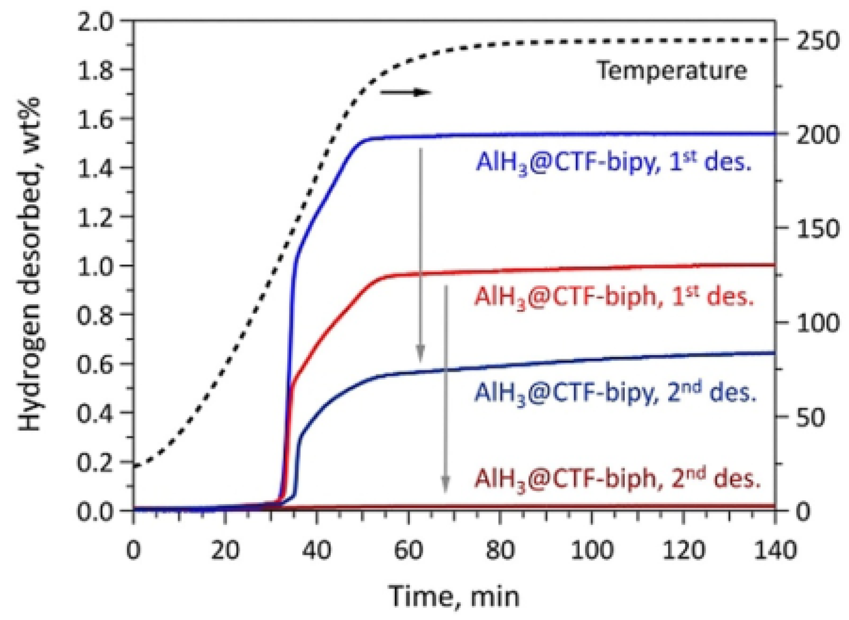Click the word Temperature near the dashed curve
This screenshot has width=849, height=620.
coord(672,71)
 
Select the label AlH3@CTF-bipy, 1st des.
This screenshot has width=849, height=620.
coord(613,162)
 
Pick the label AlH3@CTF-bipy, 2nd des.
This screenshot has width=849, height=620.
coord(615,393)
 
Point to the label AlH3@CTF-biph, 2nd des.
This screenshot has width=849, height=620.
coord(617,479)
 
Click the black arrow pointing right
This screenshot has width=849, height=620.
coord(406,92)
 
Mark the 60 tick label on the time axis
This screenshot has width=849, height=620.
coord(409,550)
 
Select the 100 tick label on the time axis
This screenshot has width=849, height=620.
coord(592,550)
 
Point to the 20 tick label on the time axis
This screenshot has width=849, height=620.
coord(225,550)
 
